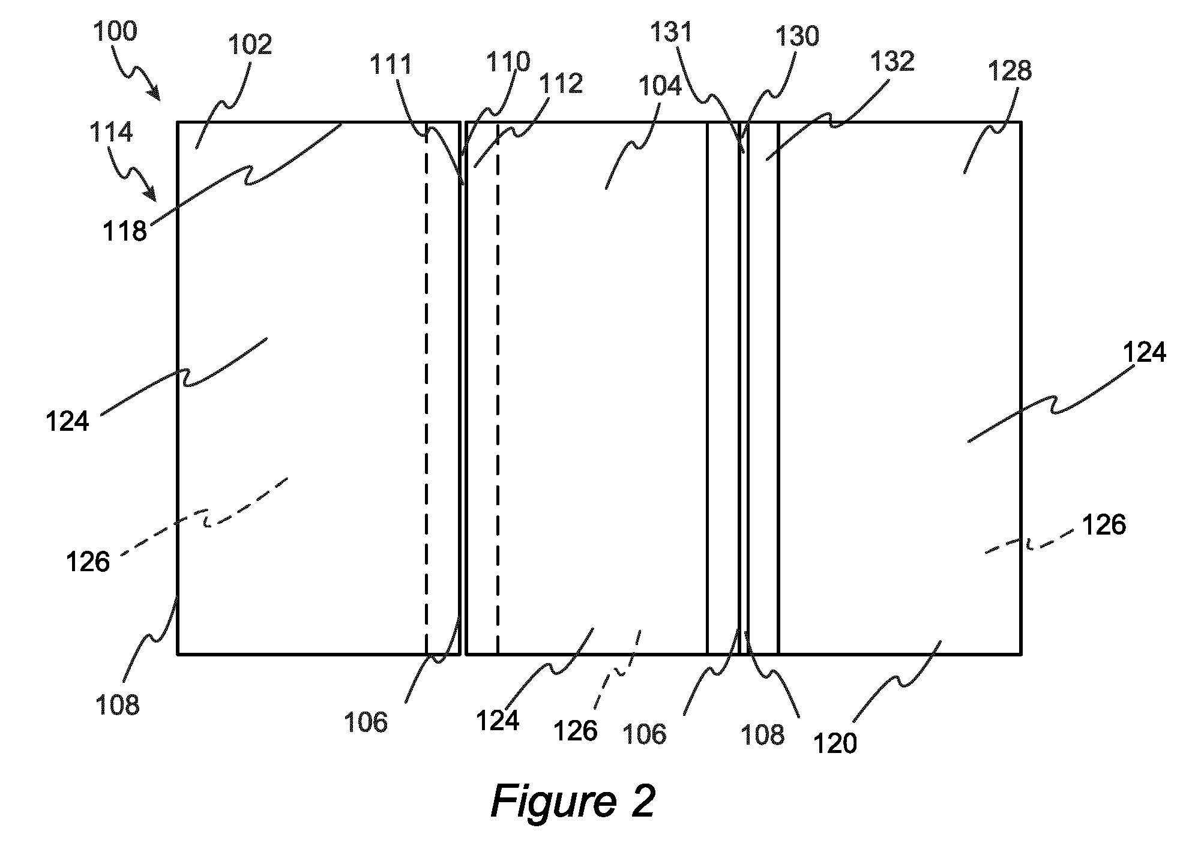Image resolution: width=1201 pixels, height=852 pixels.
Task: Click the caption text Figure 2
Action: [x=573, y=802]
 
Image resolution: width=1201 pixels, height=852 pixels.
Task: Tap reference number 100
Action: [x=115, y=31]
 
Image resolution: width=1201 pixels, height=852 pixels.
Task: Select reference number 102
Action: [x=250, y=44]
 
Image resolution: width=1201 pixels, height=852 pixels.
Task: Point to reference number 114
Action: [x=111, y=132]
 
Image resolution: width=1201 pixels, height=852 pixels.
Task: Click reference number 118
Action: [x=124, y=231]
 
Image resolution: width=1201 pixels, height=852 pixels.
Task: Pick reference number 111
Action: [x=391, y=64]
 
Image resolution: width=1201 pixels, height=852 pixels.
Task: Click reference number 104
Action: [x=660, y=86]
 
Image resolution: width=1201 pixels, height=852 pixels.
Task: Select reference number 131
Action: [x=672, y=32]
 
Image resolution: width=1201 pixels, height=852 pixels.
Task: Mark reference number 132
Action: [x=892, y=61]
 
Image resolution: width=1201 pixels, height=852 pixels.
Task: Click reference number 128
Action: [x=1010, y=71]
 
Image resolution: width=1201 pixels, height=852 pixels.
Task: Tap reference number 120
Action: [x=835, y=743]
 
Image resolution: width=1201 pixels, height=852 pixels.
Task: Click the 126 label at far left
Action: [x=88, y=562]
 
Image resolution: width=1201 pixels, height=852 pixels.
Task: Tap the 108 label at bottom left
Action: [x=118, y=704]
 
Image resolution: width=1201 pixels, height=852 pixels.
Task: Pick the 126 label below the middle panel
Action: [x=575, y=730]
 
